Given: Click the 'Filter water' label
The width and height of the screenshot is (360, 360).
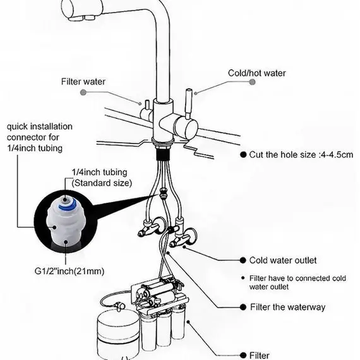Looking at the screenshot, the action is pos(83,81).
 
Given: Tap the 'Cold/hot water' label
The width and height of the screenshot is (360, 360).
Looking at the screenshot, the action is pos(256,73).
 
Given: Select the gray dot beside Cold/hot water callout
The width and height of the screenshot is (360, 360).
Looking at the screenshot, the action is pos(252,82).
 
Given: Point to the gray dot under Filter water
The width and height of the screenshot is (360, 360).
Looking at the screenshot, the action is pos(83,92).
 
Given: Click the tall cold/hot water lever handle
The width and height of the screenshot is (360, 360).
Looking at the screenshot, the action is pos(188,104).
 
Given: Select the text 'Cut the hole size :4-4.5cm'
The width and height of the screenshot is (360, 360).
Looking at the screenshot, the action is pos(301,155).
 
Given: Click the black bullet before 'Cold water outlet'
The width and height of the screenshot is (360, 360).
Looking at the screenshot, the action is pos(243,260).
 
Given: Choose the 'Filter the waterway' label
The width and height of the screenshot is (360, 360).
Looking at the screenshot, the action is pos(287,307).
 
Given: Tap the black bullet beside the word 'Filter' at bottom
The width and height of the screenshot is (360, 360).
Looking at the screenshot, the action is pos(243,355).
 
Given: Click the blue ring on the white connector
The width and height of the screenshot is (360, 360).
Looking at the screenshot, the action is pos(67,205).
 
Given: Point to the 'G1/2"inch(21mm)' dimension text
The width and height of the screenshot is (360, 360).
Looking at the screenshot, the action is pos(69,271).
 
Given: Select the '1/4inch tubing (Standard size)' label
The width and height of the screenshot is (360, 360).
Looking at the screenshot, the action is pos(102,177).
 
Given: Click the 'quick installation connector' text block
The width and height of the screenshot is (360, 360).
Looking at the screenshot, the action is pos(40,137).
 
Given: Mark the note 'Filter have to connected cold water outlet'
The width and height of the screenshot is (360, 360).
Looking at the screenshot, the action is pos(297,282).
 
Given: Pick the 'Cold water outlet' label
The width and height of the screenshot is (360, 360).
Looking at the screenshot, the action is pos(283,260).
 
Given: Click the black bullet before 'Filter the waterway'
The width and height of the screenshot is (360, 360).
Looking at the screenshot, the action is pos(243,307).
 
